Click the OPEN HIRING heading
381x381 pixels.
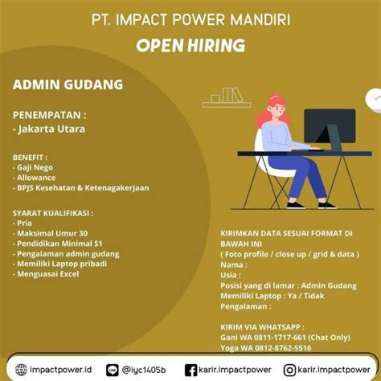point(190,45)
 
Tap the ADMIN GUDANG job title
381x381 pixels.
point(68,84)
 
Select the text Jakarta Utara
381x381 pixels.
point(51,129)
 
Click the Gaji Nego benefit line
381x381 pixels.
point(35,167)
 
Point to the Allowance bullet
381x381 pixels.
point(36,178)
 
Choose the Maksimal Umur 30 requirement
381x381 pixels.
point(52,233)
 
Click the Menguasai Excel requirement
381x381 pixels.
point(48,274)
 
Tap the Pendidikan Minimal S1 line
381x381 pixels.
point(59,244)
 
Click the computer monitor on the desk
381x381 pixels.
point(330,126)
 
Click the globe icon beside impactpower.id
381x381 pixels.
point(21,370)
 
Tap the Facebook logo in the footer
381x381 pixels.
point(190,371)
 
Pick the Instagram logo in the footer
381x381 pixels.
point(289,371)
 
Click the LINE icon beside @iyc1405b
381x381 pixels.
point(113,370)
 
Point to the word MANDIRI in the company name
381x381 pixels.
point(260,20)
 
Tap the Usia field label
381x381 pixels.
point(231,275)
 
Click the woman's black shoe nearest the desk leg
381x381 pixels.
point(327,205)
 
